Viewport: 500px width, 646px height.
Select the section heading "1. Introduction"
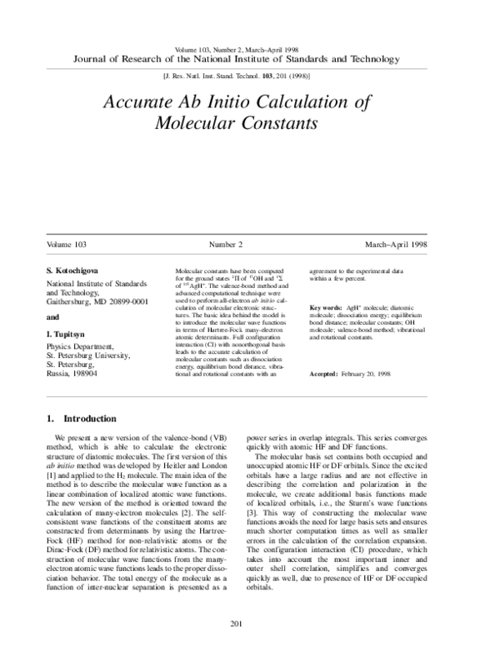tap(81, 419)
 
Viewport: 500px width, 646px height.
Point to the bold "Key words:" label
tap(325, 308)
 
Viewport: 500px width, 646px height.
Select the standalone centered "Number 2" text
tap(226, 245)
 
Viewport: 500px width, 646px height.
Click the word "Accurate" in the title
tap(140, 102)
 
